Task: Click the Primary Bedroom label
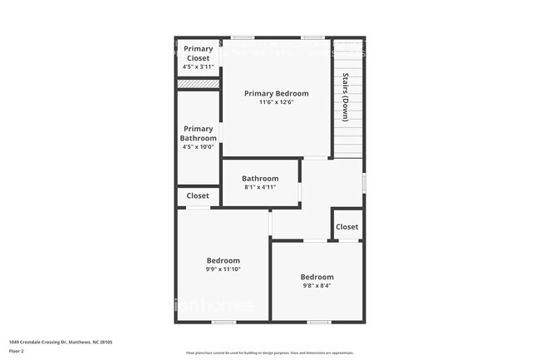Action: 276,93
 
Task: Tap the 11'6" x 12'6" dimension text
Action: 276,102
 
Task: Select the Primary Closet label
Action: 198,53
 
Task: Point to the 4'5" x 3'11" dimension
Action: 198,67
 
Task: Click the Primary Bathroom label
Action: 199,133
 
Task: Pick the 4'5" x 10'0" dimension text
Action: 199,146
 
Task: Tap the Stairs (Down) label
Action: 345,98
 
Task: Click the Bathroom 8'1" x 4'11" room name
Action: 260,178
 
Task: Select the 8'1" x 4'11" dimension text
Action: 260,187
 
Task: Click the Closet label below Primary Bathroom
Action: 198,195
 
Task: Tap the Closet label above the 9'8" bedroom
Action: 346,226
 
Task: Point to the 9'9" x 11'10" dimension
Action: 223,269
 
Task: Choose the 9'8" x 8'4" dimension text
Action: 317,286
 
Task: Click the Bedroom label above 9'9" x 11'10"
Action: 223,260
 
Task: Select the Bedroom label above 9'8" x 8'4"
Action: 317,277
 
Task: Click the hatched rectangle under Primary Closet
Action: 198,83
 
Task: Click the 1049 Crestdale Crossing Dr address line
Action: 61,342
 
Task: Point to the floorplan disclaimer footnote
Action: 269,353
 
